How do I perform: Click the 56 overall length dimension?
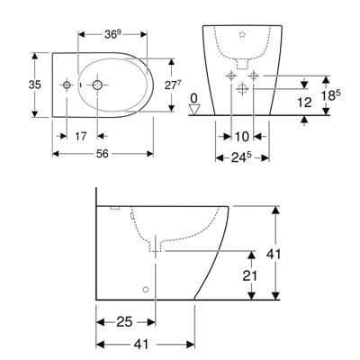[x=103, y=154]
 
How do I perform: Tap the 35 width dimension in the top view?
[x=35, y=85]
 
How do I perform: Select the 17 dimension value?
[x=81, y=137]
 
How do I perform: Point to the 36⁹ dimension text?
[x=112, y=34]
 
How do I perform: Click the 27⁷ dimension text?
[x=173, y=85]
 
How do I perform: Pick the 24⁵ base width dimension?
[x=241, y=157]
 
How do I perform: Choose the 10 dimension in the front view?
[x=242, y=137]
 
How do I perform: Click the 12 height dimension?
[x=305, y=103]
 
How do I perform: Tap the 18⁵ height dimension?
[x=331, y=95]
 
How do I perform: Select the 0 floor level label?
[x=194, y=98]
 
